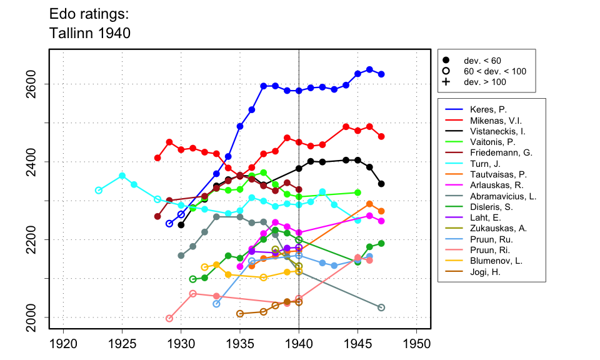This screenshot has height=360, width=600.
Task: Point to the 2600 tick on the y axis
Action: pos(39,84)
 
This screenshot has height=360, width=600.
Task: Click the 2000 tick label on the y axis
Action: pos(39,317)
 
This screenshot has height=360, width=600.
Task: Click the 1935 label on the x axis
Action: pos(240,344)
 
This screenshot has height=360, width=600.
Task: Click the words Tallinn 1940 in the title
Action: pos(89,33)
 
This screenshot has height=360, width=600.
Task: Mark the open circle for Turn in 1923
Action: pos(99,190)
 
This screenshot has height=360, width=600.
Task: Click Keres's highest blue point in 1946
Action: pos(369,69)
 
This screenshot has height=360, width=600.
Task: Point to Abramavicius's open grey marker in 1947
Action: pos(381,307)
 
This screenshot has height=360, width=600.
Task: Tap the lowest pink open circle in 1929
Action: pos(169,318)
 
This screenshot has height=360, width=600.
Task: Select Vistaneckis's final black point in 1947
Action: pos(381,184)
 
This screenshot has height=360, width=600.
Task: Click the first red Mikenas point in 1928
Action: pos(157,157)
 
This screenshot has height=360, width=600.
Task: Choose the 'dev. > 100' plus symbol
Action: pos(446,82)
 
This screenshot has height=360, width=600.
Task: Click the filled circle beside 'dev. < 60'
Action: pos(446,60)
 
